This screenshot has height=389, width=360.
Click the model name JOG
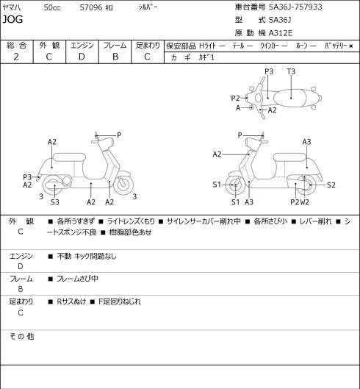[12, 19]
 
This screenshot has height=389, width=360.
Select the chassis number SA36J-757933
[295, 7]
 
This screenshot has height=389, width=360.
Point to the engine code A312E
[281, 33]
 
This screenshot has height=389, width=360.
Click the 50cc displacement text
[52, 7]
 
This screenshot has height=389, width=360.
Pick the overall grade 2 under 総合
[16, 57]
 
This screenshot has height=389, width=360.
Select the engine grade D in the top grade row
[82, 57]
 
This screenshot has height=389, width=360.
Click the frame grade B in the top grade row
[115, 57]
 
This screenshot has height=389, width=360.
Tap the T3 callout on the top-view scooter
[291, 72]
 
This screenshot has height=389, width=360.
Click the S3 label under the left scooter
[55, 202]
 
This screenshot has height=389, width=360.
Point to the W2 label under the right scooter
[305, 202]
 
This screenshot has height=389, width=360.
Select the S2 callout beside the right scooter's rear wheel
[331, 185]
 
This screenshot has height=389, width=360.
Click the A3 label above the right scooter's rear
[306, 142]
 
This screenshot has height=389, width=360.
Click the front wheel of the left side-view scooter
[123, 185]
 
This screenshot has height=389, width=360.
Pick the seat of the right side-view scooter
[289, 157]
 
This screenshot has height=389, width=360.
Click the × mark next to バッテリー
[351, 46]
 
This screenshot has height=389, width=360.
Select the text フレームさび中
[77, 279]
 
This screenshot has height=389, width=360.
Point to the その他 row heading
[21, 337]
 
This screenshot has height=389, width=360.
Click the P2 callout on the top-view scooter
[235, 99]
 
